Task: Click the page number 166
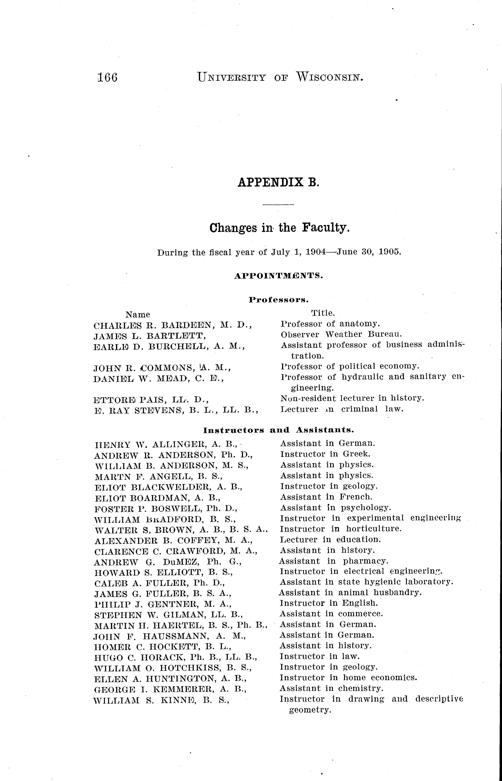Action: (107, 78)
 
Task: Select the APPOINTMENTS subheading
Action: (278, 276)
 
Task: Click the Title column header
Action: (323, 313)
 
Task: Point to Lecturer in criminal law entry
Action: (342, 409)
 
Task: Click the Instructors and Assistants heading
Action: (278, 430)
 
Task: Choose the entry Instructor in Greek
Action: (325, 454)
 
